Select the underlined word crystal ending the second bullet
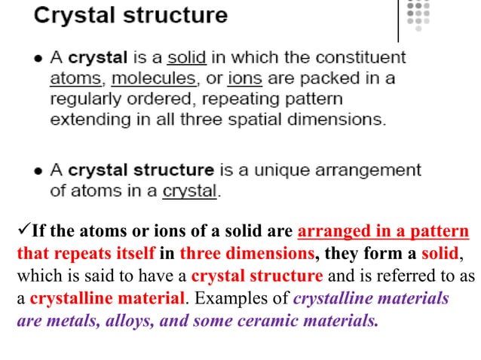[189, 191]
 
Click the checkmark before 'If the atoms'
[22, 230]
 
